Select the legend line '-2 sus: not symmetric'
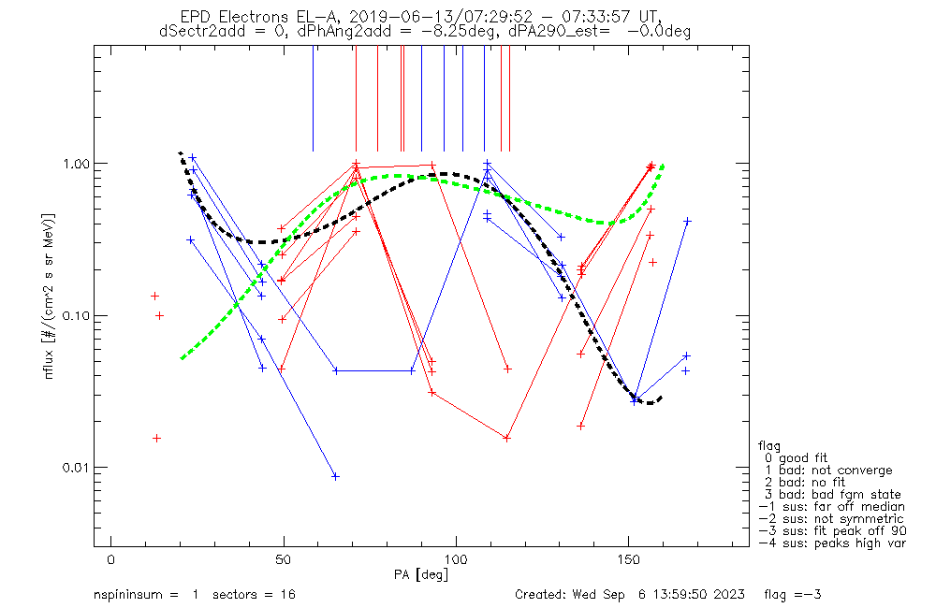point(831,518)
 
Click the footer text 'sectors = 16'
point(256,594)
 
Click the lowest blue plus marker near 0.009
point(335,476)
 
